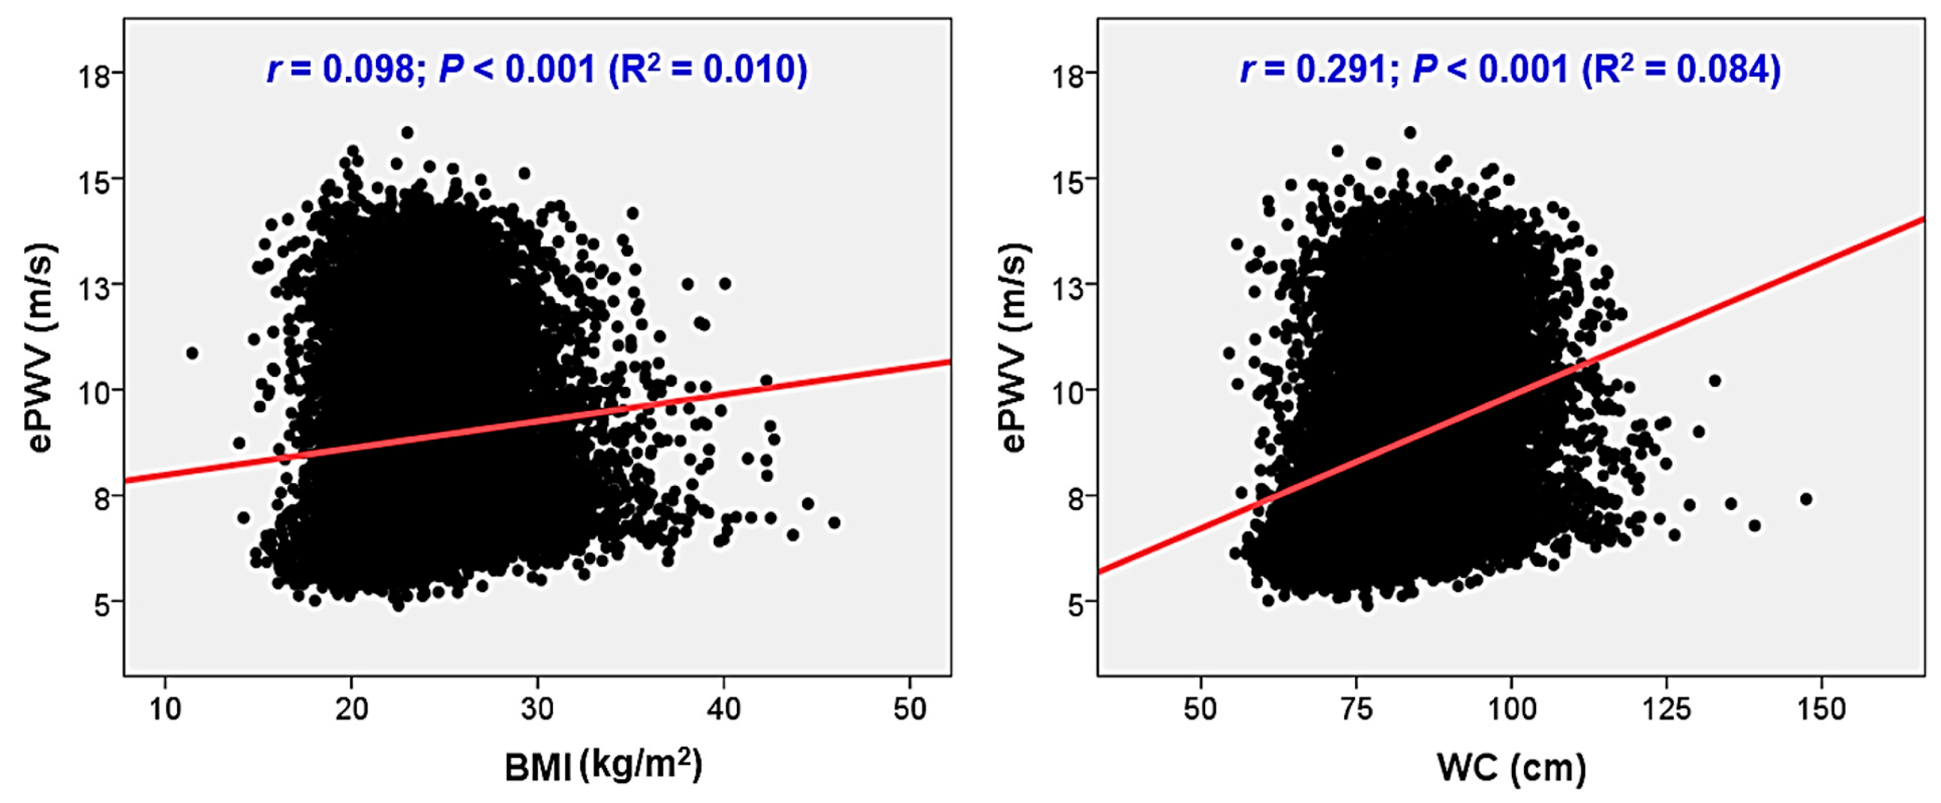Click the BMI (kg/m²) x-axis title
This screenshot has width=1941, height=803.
pos(602,766)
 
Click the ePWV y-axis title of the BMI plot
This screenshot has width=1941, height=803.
pos(42,347)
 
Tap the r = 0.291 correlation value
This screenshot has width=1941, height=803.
pos(1314,69)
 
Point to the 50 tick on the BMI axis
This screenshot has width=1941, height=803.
pos(910,709)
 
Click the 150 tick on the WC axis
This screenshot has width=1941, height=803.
pos(1821,709)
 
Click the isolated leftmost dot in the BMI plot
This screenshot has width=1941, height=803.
pos(192,353)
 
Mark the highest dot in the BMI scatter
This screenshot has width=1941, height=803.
pos(407,133)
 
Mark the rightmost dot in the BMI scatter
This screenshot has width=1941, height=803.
pos(833,522)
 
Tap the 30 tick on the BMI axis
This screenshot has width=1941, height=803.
pos(537,709)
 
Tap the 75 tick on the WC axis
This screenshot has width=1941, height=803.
pos(1356,709)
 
